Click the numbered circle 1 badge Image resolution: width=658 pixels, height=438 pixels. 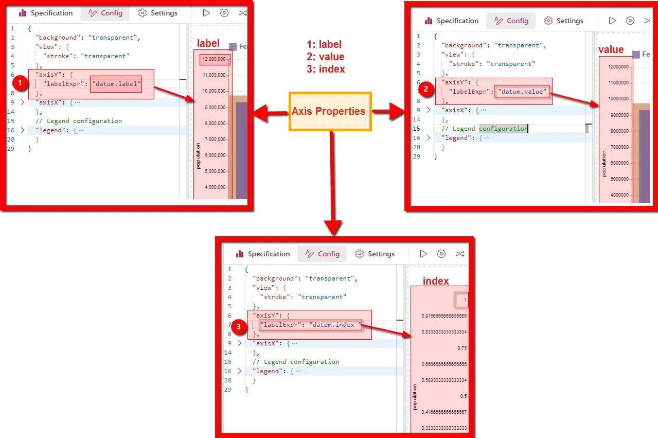[20, 83]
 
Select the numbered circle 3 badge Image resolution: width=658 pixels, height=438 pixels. [238, 325]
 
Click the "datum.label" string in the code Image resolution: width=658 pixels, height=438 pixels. [116, 83]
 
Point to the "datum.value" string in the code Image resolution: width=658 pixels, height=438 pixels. [522, 91]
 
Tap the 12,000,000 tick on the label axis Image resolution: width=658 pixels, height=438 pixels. [215, 59]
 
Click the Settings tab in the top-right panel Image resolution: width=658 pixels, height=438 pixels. [564, 21]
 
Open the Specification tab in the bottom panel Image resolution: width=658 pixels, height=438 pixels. [263, 254]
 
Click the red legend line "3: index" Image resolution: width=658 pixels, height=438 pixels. [326, 69]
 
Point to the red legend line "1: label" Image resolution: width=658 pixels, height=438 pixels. [324, 44]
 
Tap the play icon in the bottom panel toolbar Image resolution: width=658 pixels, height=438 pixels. [423, 254]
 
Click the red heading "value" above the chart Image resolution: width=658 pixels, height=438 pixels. [611, 50]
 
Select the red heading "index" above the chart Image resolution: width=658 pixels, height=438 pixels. [436, 281]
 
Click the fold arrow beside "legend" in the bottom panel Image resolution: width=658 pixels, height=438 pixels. [239, 371]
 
